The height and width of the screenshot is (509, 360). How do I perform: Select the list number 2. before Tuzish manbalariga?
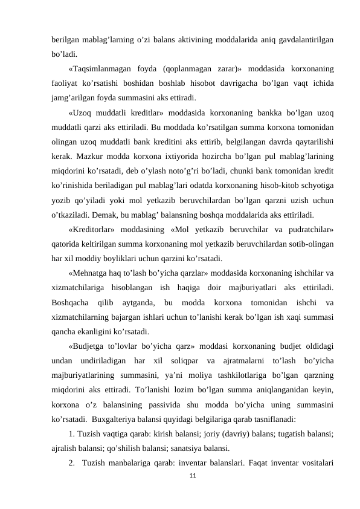coord(72,464)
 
